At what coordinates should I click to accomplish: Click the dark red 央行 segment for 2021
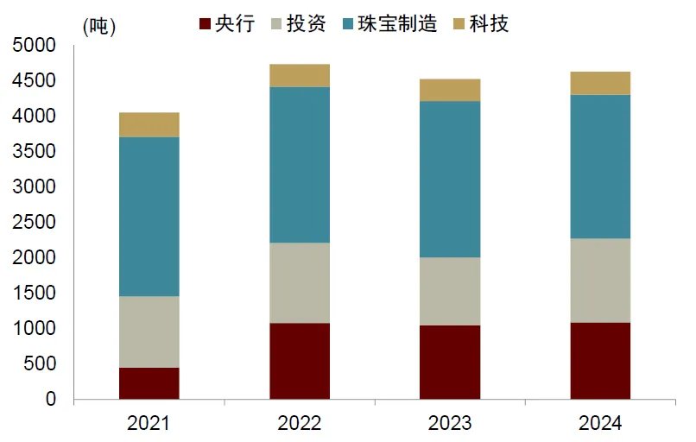149,383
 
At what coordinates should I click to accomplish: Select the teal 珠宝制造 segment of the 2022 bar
299,165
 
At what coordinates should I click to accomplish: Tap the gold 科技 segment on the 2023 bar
449,90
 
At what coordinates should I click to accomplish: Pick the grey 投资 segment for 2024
599,281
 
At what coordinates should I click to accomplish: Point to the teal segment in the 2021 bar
149,217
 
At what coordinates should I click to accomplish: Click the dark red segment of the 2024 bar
599,361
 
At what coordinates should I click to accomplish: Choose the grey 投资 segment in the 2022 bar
299,283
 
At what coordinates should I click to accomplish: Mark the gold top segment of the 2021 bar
149,124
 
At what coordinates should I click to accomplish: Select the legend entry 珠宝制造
405,23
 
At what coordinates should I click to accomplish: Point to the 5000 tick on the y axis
35,45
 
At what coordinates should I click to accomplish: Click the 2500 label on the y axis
35,222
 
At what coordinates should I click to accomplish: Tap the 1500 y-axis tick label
35,294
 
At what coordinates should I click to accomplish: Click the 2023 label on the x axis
449,423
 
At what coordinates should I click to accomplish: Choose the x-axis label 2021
149,423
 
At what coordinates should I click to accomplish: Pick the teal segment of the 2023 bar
449,180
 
